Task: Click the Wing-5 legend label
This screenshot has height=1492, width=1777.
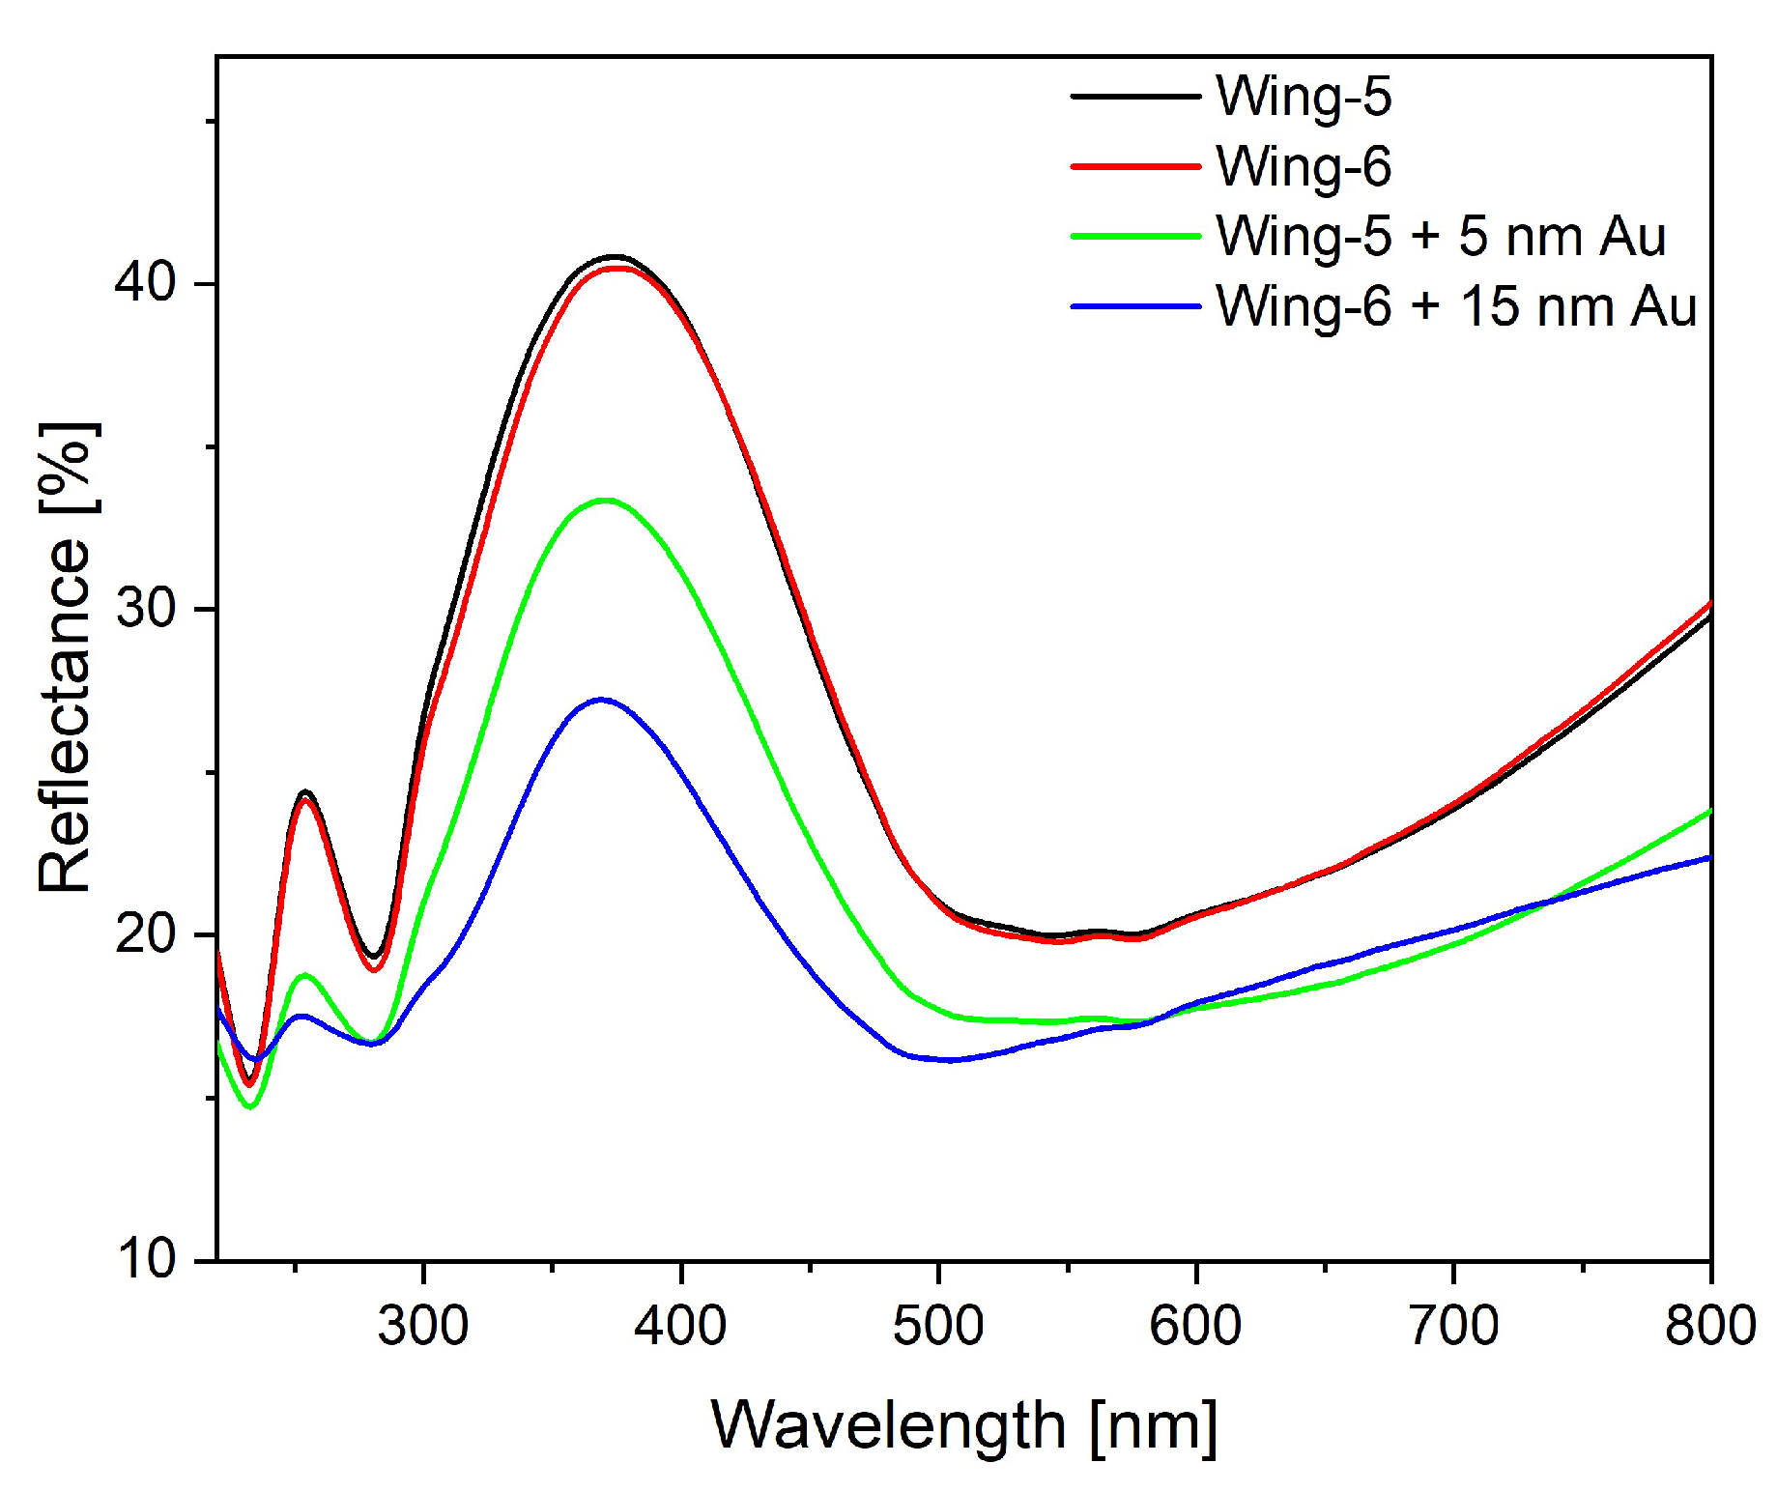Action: coord(1303,97)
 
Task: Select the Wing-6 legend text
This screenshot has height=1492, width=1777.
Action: coord(1303,166)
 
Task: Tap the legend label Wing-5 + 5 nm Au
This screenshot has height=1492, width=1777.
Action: coord(1440,237)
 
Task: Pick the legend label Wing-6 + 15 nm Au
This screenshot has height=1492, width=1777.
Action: coord(1455,307)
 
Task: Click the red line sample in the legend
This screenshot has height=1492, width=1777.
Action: coord(1135,166)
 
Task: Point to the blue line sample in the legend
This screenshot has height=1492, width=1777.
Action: coord(1135,307)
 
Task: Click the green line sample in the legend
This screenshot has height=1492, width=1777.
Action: coord(1135,237)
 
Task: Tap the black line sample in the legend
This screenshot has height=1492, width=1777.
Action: coord(1135,97)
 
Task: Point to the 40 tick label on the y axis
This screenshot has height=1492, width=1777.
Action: coord(145,282)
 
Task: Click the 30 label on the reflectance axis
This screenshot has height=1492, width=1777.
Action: coord(145,609)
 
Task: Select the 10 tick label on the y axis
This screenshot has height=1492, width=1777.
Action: coord(145,1260)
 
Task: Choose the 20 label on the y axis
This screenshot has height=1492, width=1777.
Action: coord(145,934)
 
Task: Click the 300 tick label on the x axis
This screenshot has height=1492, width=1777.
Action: coord(423,1326)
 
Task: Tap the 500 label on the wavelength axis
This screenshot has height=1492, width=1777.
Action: coord(937,1326)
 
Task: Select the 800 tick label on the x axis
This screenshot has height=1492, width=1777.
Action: coord(1709,1326)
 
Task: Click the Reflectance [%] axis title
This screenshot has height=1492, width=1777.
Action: coord(66,657)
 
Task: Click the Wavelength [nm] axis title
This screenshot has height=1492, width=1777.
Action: coord(963,1426)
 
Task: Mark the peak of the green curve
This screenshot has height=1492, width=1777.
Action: coord(606,500)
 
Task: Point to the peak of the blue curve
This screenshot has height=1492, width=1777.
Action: coord(601,699)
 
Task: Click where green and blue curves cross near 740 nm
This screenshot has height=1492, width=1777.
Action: coord(1549,903)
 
